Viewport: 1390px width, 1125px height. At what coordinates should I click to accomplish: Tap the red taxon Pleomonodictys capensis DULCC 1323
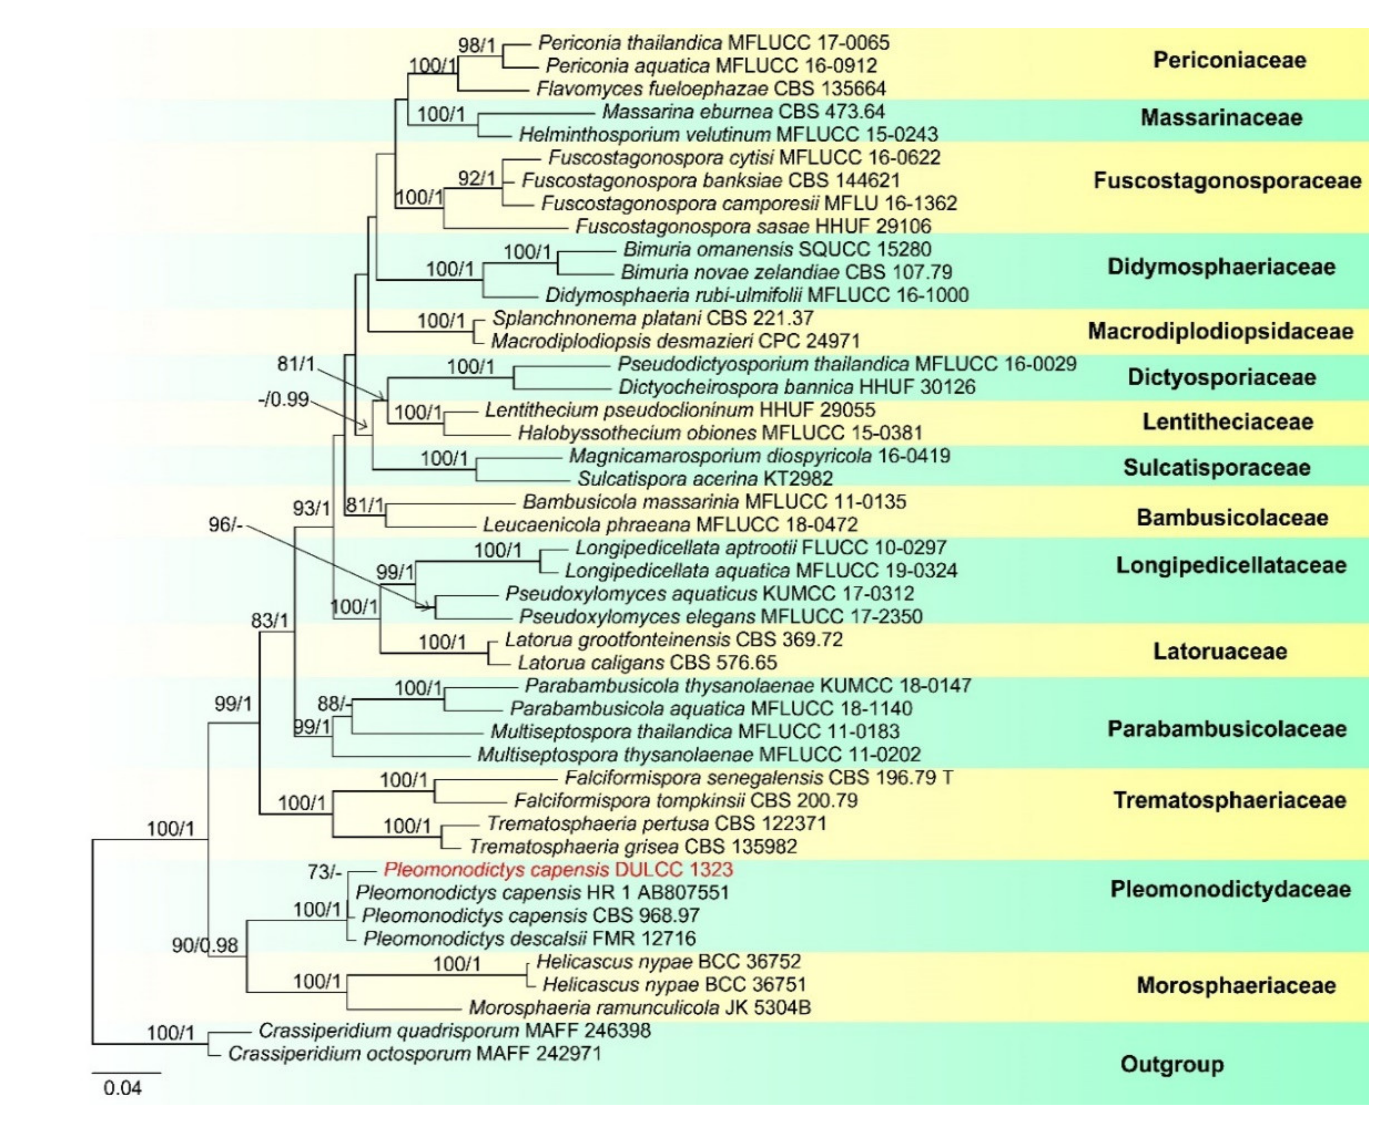(558, 870)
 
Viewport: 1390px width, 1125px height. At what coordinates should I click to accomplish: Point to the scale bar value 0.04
(123, 1088)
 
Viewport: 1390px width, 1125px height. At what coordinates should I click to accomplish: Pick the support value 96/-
(225, 524)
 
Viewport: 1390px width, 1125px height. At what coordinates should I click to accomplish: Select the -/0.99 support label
(283, 399)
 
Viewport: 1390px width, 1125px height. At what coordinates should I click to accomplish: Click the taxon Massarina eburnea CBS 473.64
(744, 112)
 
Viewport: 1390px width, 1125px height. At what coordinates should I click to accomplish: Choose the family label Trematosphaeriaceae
(1229, 800)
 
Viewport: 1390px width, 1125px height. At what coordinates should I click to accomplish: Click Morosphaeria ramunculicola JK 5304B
(639, 1008)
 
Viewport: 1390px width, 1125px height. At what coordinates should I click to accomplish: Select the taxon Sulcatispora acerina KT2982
(705, 479)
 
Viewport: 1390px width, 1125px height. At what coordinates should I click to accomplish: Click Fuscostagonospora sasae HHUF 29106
(753, 226)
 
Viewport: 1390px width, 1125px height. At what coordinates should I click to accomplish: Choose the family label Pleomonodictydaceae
(1230, 889)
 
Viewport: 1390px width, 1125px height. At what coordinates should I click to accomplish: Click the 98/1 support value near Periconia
(477, 45)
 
